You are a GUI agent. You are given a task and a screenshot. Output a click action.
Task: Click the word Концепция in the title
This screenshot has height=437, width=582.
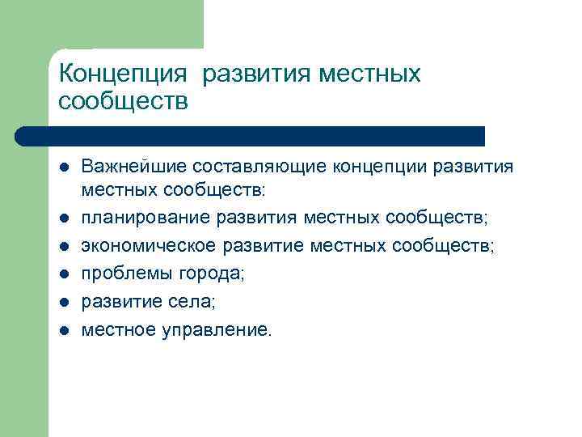coord(124,74)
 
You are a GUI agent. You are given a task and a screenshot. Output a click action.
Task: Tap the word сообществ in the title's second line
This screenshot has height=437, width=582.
coord(124,102)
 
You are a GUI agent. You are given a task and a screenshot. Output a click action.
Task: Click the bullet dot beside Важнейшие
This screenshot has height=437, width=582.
coord(64,168)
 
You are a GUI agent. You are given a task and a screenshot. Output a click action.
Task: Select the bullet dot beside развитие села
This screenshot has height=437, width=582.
coord(64,302)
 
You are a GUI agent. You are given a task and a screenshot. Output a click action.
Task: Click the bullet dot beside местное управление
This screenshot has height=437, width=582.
coord(64,329)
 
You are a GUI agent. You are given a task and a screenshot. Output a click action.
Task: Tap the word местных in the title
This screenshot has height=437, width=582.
coord(370,74)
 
